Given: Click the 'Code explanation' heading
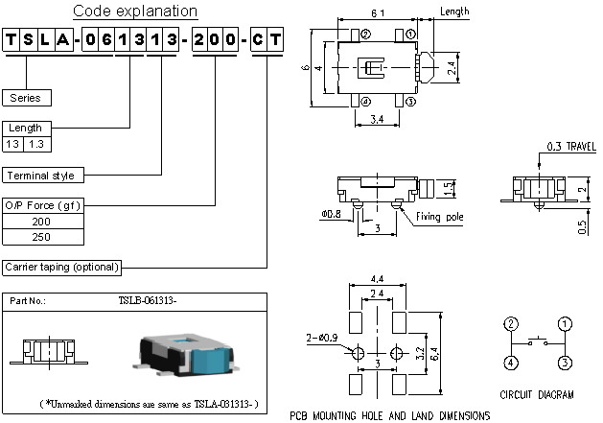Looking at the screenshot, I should [136, 12].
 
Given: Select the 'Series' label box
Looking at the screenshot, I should [27, 98].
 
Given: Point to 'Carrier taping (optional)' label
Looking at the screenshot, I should [62, 267].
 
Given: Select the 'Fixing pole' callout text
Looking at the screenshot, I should [439, 218].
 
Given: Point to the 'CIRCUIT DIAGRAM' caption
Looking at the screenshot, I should [537, 394].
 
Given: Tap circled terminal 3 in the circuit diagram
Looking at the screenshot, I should [566, 362].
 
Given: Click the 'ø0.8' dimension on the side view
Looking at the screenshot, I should [332, 214].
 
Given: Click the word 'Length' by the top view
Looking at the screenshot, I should [454, 12].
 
